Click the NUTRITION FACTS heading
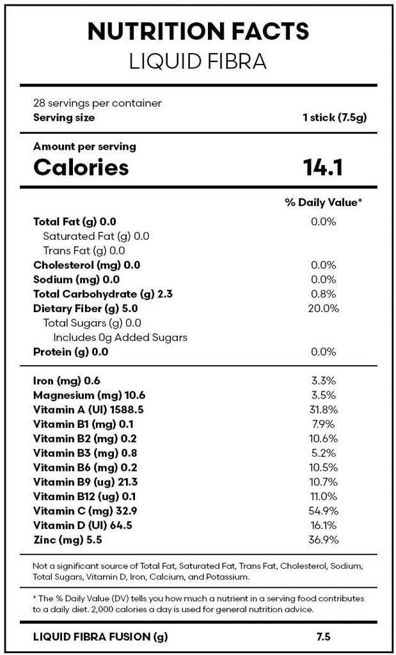point(198,31)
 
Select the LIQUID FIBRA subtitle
point(198,61)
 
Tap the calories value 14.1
point(323,168)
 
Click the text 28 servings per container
point(97,103)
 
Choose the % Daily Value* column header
point(323,202)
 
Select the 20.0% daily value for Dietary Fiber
point(323,308)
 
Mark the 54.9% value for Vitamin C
point(323,510)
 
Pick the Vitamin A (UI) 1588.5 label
point(88,409)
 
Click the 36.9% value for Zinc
point(323,540)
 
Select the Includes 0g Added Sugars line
point(120,337)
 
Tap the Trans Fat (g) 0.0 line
point(84,251)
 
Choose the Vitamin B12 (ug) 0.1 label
point(84,496)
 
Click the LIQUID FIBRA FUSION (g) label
point(100,636)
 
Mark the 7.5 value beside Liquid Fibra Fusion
point(323,636)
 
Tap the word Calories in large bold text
point(81,168)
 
